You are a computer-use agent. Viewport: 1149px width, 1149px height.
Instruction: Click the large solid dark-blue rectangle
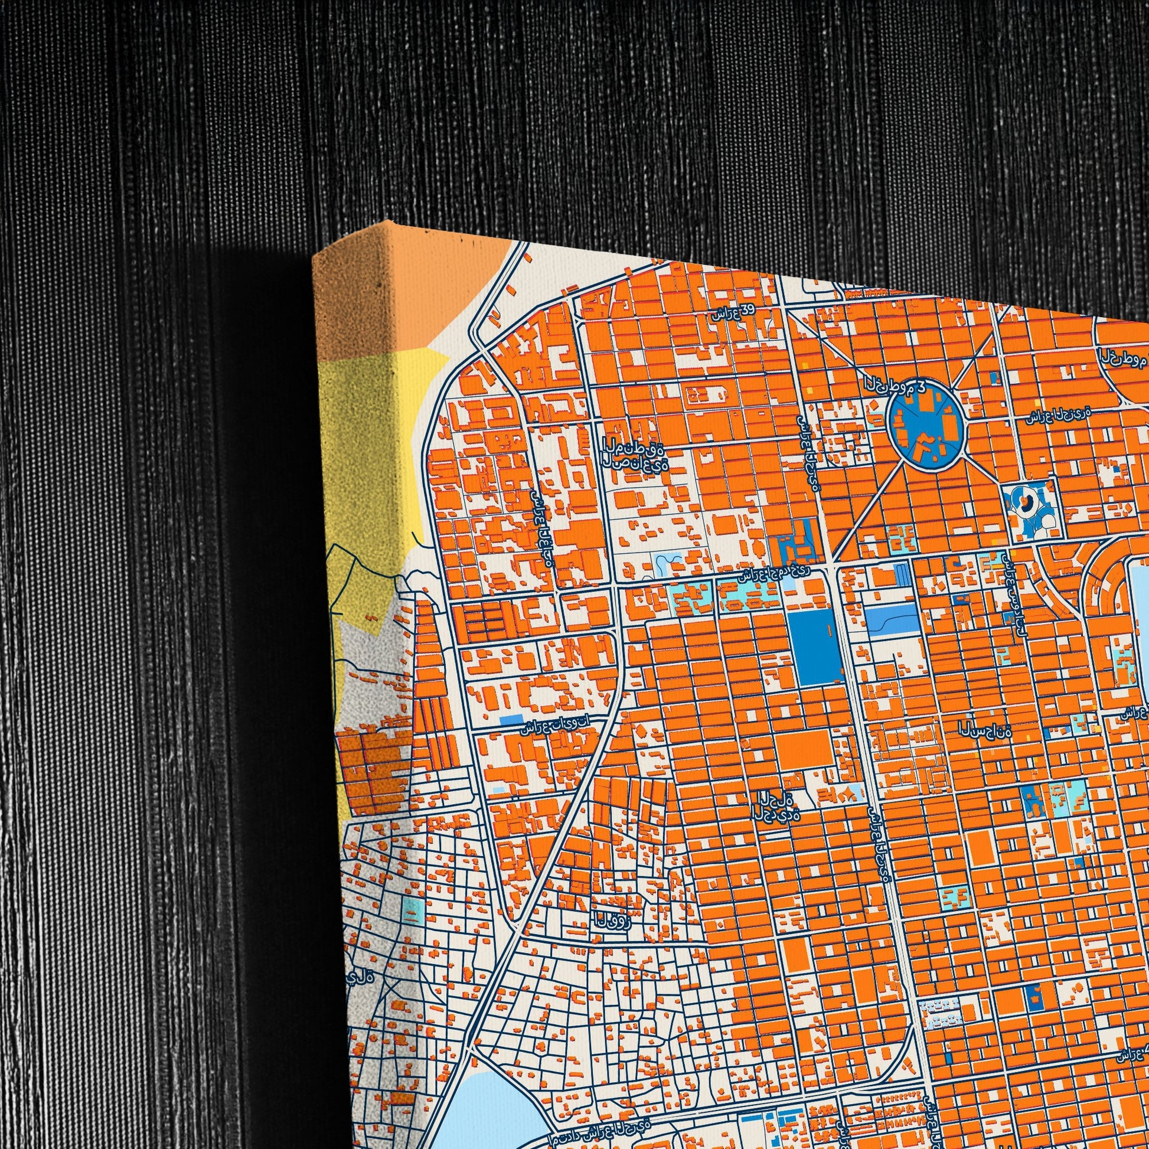click(x=814, y=647)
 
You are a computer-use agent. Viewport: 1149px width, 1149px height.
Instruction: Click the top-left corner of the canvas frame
click(x=315, y=255)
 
